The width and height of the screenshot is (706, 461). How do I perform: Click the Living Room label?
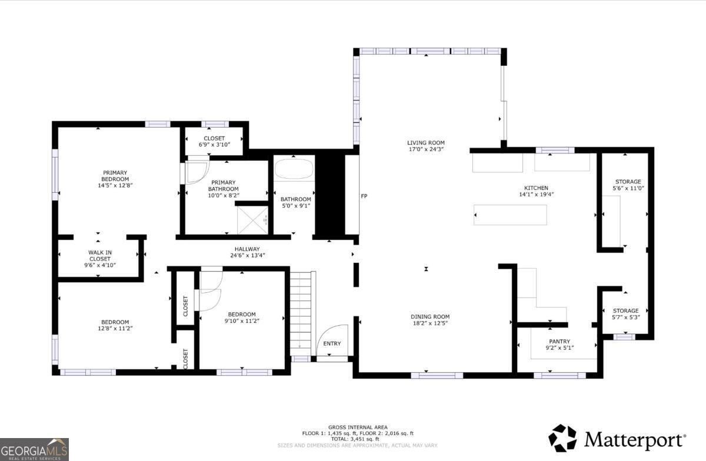click(x=426, y=143)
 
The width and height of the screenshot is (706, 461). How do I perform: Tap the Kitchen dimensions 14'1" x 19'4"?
click(x=536, y=195)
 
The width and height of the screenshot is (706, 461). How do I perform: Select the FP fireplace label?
click(x=364, y=196)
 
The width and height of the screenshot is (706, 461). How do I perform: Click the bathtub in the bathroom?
click(x=294, y=169)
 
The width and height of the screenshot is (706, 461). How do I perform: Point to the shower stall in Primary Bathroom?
click(x=252, y=221)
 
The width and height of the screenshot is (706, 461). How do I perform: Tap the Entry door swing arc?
click(x=328, y=332)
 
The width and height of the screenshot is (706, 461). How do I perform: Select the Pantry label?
click(x=560, y=341)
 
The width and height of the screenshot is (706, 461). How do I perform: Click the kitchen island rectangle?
click(x=510, y=215)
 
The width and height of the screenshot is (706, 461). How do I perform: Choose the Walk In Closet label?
click(x=100, y=256)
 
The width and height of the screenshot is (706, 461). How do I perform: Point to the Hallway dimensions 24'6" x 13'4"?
click(x=248, y=256)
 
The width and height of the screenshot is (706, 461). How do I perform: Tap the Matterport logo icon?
click(x=562, y=438)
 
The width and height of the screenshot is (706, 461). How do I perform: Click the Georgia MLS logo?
click(x=34, y=449)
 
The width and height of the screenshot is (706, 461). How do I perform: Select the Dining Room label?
click(x=430, y=317)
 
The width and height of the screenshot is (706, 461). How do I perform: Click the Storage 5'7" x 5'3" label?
click(x=625, y=314)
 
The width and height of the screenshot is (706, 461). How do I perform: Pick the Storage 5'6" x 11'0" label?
click(x=628, y=185)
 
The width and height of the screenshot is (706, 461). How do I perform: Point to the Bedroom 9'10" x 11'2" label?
click(x=242, y=318)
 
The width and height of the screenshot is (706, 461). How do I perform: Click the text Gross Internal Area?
click(x=358, y=427)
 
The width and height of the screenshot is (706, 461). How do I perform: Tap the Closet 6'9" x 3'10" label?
click(x=214, y=142)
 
